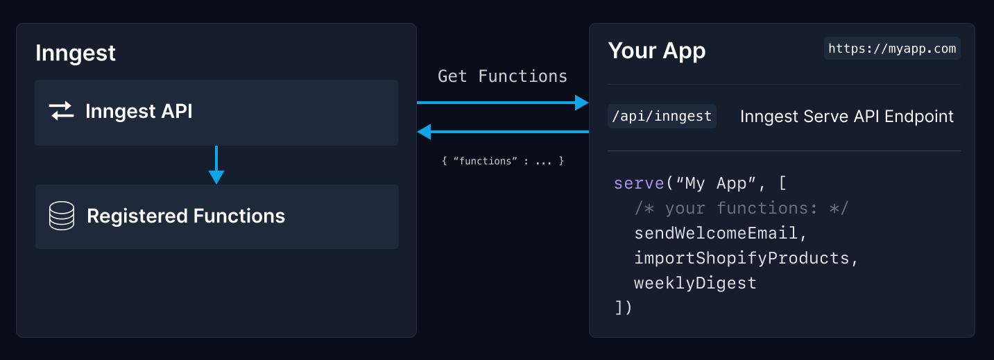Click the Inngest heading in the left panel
click(76, 53)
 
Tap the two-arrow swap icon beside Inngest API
click(61, 111)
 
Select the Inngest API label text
click(139, 111)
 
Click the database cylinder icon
click(62, 216)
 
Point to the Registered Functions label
click(186, 216)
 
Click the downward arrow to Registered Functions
click(216, 164)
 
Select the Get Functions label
click(502, 76)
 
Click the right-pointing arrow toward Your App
click(503, 103)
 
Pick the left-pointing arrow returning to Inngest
click(503, 132)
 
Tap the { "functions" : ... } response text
click(503, 161)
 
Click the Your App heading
click(657, 51)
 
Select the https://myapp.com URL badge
click(892, 49)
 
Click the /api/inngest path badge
click(662, 117)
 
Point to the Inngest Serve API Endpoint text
click(847, 117)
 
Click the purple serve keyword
click(639, 183)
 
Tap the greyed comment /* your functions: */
click(741, 208)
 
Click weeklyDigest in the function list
click(695, 283)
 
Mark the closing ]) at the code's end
click(623, 307)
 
